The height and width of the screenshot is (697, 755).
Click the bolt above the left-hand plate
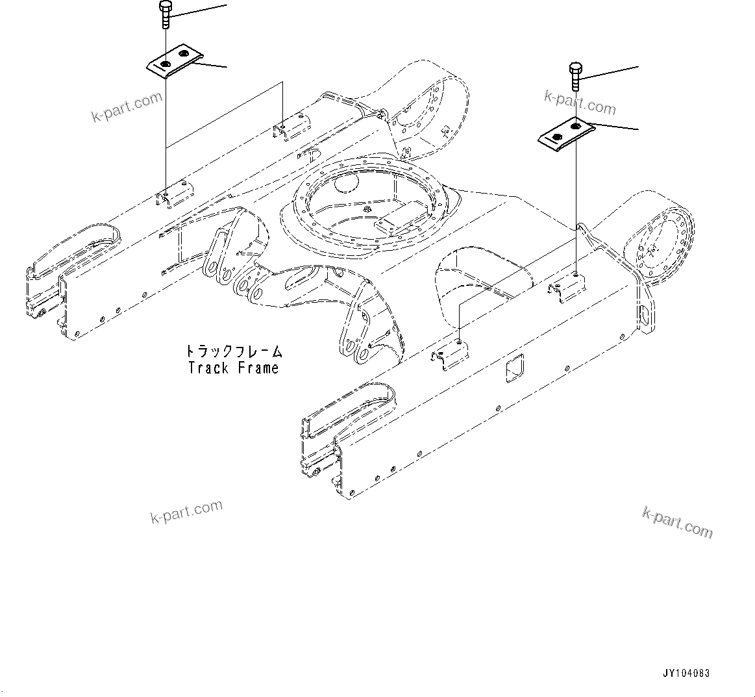164,15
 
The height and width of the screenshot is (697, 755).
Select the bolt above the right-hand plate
575,76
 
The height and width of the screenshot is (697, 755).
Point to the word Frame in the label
258,368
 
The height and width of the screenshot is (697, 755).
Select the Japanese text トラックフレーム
234,351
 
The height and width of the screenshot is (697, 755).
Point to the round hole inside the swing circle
344,183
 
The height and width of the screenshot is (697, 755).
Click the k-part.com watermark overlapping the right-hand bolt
580,102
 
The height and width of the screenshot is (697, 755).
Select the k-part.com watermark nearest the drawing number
677,523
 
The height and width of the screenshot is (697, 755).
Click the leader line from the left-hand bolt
198,10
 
